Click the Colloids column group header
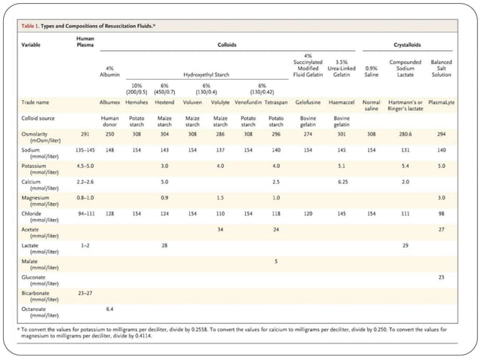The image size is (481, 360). pos(227,44)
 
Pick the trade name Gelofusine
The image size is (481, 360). pos(308,101)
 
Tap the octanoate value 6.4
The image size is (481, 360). pos(111,309)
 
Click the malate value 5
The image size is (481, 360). pos(276,261)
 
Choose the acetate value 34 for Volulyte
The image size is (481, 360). pos(220,229)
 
